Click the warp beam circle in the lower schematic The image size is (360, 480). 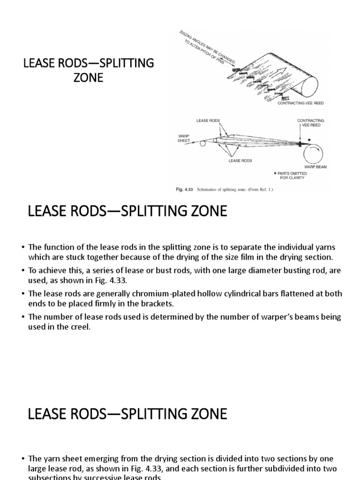[x=309, y=150]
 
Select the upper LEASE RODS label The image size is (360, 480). [x=208, y=121]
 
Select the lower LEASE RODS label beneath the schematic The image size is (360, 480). [x=240, y=161]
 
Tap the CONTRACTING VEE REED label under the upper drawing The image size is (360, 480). [x=300, y=103]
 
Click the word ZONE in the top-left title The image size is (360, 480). [x=88, y=77]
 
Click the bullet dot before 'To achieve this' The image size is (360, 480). [x=23, y=271]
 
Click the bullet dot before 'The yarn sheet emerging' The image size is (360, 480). [x=23, y=459]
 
